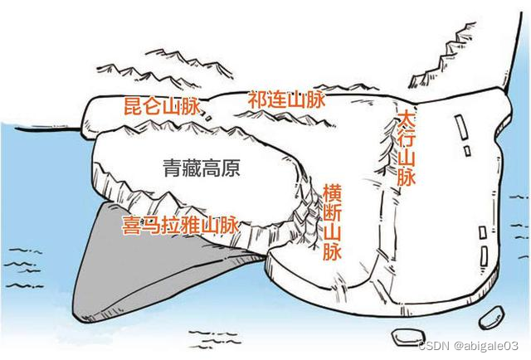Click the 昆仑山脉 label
tap(162, 106)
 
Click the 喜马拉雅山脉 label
tap(180, 225)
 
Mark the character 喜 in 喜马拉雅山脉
tap(131, 225)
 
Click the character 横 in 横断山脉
tap(332, 191)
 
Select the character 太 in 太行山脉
tap(406, 117)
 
